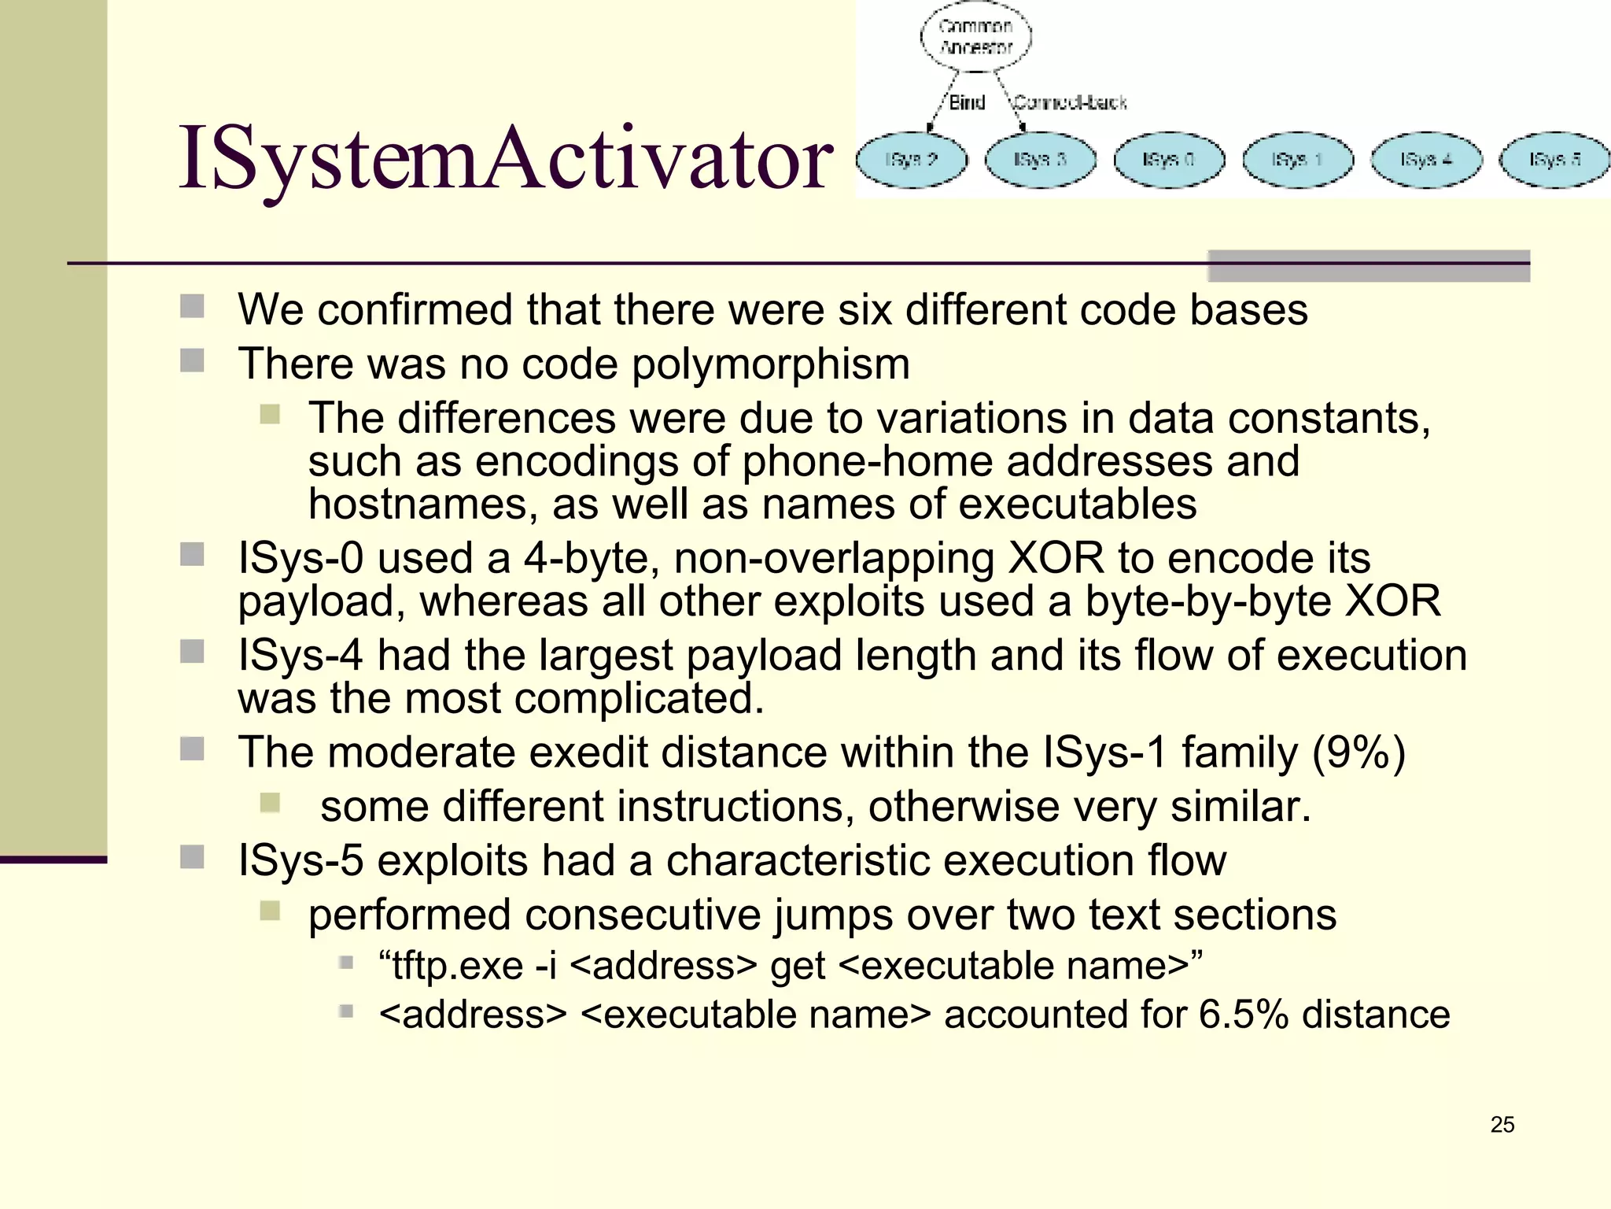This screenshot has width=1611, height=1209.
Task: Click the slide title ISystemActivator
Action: (x=505, y=160)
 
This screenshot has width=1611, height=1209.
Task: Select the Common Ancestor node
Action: (x=975, y=36)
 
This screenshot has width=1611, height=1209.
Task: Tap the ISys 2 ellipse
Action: (x=911, y=160)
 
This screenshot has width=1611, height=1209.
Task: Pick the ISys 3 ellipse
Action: (x=1040, y=160)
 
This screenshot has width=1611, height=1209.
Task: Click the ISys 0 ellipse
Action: (x=1169, y=160)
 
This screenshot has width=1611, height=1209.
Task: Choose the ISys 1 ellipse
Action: (x=1298, y=160)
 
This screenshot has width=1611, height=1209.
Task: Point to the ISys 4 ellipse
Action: (x=1426, y=160)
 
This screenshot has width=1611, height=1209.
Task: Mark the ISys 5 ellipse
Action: (x=1554, y=160)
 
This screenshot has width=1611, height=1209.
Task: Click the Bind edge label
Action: (x=967, y=102)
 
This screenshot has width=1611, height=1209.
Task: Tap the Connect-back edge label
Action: (x=1070, y=102)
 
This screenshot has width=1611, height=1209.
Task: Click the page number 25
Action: (x=1502, y=1125)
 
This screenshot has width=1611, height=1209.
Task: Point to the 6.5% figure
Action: (x=1243, y=1015)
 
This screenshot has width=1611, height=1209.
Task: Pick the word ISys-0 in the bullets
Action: (x=300, y=559)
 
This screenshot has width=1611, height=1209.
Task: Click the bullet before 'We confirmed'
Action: (x=192, y=306)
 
